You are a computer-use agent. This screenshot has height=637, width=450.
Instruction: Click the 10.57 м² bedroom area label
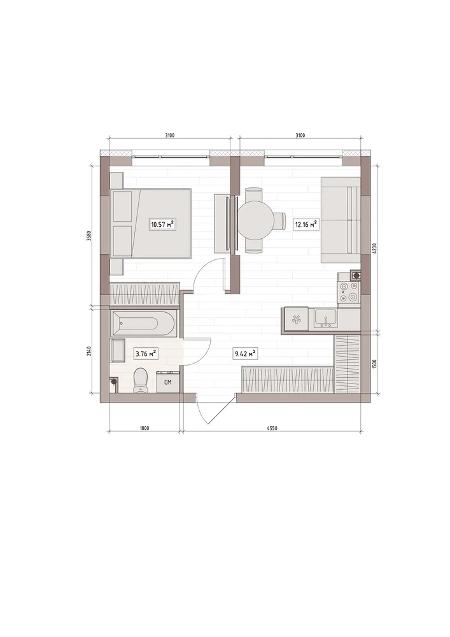click(162, 224)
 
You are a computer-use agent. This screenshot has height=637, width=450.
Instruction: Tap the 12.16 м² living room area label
click(306, 224)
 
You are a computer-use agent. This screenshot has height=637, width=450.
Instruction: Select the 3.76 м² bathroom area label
click(146, 354)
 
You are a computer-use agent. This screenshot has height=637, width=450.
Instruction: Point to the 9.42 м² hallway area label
click(246, 354)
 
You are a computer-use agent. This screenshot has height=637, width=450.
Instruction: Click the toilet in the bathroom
click(141, 380)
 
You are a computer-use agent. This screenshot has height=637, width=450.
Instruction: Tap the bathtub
click(143, 324)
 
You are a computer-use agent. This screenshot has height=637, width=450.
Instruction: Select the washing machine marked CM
click(167, 382)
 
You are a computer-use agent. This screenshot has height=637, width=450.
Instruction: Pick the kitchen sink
click(325, 318)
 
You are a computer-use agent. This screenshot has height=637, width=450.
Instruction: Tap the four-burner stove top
click(349, 292)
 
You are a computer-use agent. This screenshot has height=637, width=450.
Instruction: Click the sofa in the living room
click(341, 220)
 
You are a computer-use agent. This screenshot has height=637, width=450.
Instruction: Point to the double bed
click(151, 223)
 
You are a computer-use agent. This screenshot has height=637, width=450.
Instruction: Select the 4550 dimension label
click(272, 428)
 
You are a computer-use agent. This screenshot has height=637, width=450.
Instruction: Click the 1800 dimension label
click(144, 428)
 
